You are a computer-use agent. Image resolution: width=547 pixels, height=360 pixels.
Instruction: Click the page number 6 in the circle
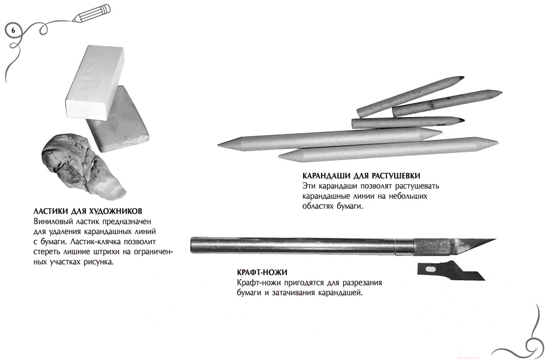[13, 31]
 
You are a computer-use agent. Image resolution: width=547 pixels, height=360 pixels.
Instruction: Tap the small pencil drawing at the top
[92, 13]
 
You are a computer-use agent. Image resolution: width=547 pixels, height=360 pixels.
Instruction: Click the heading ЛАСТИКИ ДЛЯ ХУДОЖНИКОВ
[88, 211]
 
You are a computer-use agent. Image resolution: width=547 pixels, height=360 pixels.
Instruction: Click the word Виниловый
[50, 221]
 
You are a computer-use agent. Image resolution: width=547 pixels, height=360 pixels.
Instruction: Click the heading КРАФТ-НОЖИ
[262, 272]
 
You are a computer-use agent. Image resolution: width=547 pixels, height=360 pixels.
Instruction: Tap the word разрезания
[362, 283]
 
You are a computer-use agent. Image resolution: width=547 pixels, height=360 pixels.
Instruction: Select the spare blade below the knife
[452, 271]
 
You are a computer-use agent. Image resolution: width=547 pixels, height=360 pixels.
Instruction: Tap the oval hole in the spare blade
[431, 269]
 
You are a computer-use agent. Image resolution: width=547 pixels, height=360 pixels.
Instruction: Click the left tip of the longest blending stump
[218, 145]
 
